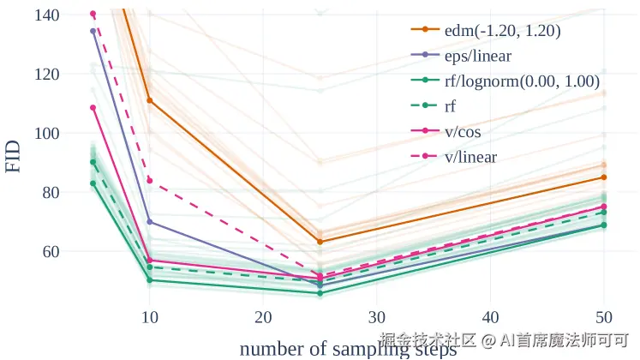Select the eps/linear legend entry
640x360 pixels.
tap(477, 56)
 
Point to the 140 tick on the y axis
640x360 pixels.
tap(48, 15)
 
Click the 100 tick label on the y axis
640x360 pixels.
tap(48, 134)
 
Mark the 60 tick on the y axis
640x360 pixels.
tap(52, 252)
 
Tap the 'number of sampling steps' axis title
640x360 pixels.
tap(348, 349)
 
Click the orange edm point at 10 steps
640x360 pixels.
tap(149, 101)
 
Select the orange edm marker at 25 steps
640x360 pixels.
tap(320, 242)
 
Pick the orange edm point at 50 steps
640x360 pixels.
tap(604, 177)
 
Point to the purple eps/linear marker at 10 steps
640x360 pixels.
tap(149, 222)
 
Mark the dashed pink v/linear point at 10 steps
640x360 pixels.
tap(149, 181)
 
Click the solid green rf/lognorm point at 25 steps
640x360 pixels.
tap(320, 293)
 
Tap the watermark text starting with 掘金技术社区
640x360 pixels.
tap(505, 339)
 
